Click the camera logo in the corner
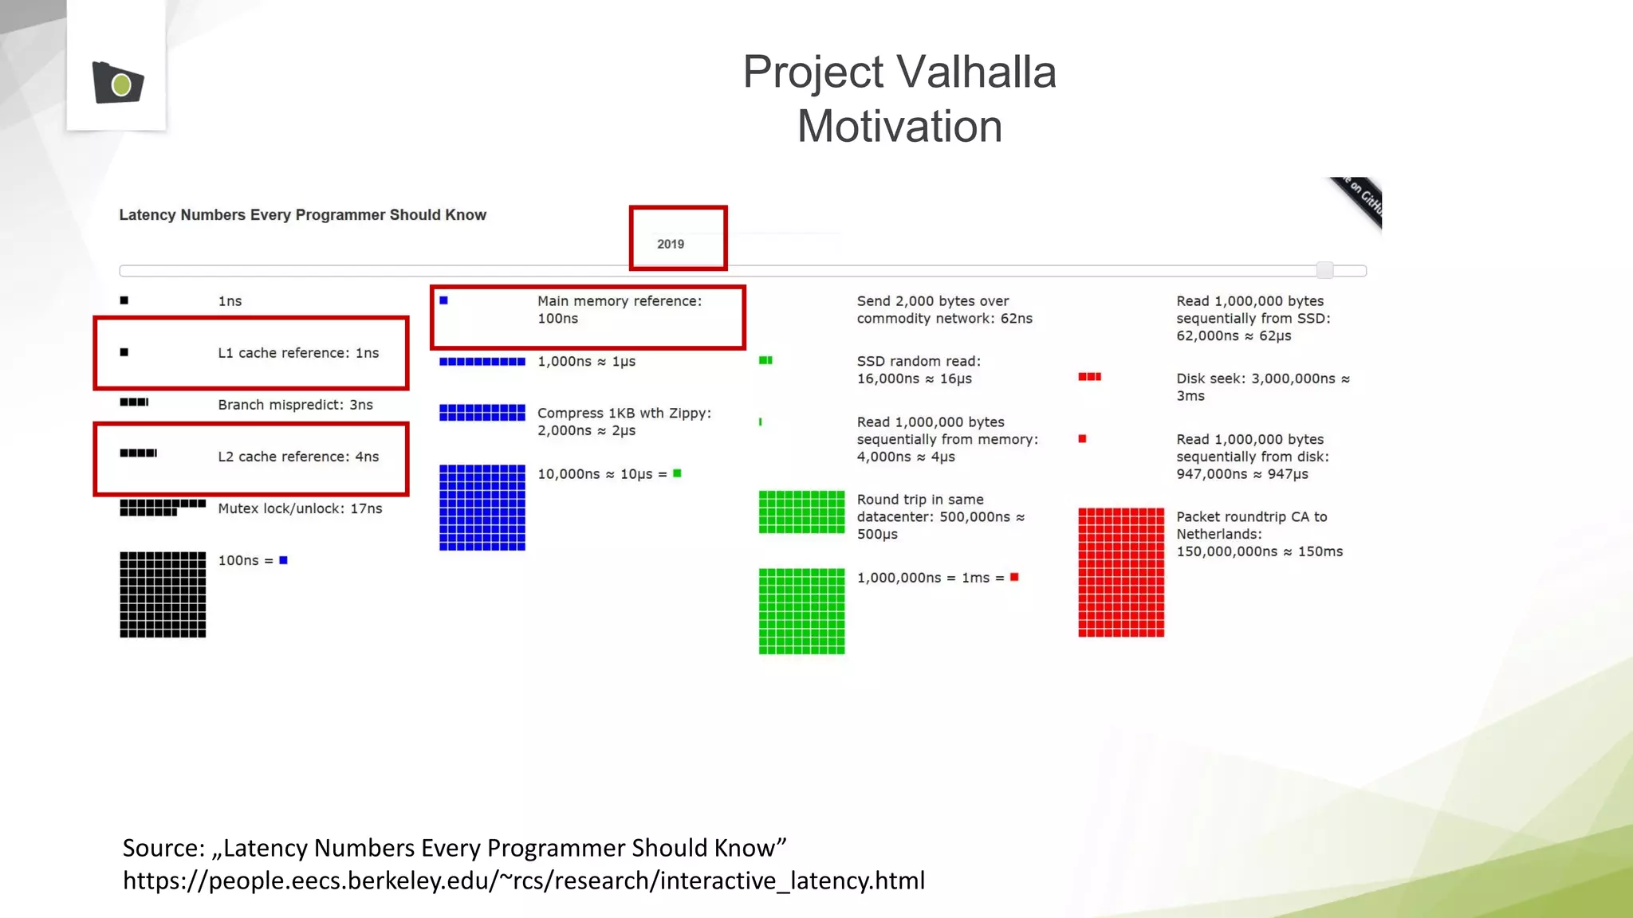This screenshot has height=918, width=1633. [118, 82]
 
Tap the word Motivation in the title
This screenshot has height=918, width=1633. [899, 127]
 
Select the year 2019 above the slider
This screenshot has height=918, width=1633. [671, 244]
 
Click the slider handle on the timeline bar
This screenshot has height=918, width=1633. [1324, 270]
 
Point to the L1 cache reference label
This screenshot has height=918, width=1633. [298, 353]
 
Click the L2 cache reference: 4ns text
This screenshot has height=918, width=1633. [298, 457]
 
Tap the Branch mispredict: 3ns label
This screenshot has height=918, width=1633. [295, 405]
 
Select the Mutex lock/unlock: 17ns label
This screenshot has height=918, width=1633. [300, 508]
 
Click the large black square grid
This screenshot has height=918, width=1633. [163, 594]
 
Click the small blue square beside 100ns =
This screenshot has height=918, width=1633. [283, 560]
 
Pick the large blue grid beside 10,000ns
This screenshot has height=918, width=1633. [482, 508]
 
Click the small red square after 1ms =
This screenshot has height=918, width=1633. [1014, 577]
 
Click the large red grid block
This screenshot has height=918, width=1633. [1121, 572]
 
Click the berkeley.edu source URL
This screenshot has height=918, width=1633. [523, 881]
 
